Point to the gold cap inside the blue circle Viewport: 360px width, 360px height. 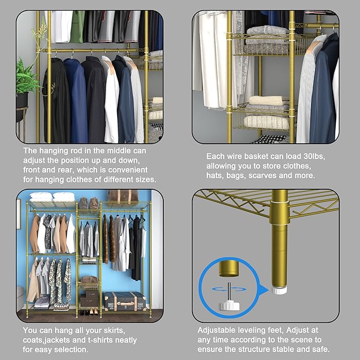(226, 268)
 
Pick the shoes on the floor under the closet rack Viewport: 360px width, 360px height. (89, 312)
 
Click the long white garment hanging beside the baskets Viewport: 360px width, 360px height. (215, 64)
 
